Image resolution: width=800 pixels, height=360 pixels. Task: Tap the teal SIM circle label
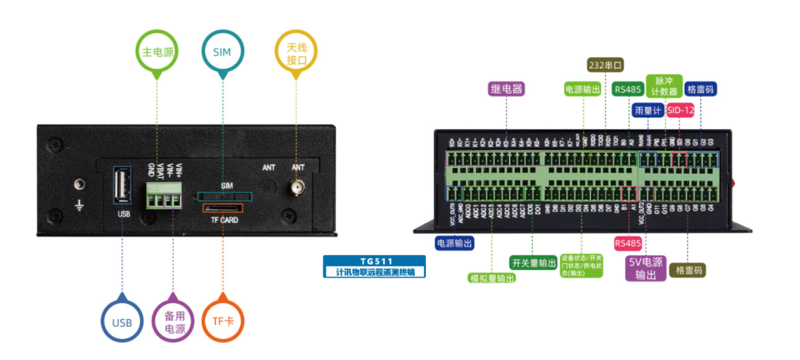point(222,51)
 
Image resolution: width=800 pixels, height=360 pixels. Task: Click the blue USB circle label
point(122,322)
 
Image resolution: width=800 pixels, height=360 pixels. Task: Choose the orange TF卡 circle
point(222,321)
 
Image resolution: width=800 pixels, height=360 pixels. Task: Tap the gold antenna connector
point(297,188)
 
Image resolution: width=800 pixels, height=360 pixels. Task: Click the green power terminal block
point(163,195)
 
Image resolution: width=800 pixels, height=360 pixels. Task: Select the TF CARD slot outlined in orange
point(224,209)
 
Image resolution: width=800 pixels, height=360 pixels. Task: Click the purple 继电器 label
point(507,89)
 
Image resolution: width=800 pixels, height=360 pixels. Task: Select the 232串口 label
point(605,65)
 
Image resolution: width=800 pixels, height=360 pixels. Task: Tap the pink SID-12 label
point(680,110)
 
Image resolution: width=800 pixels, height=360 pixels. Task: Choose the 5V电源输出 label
point(645,268)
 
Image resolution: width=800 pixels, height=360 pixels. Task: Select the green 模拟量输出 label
point(491,278)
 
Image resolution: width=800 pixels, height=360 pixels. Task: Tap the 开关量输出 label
point(534,262)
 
